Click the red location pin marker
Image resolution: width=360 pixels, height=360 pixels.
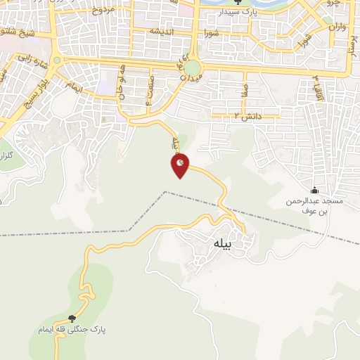coord(180,165)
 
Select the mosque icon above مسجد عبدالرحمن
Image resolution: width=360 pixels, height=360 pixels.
coord(314,190)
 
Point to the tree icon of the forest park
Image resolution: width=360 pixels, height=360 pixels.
coord(72,319)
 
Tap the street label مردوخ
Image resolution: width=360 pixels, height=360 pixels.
coord(102,10)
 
